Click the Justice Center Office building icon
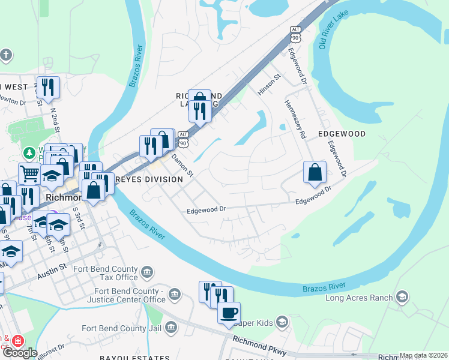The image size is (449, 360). [x=175, y=294]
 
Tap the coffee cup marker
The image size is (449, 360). [x=229, y=313]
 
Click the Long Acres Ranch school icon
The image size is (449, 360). [x=402, y=297]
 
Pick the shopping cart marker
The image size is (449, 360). [x=29, y=174]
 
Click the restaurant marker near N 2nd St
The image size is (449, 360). [x=48, y=87]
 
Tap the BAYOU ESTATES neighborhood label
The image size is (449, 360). [x=143, y=357]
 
